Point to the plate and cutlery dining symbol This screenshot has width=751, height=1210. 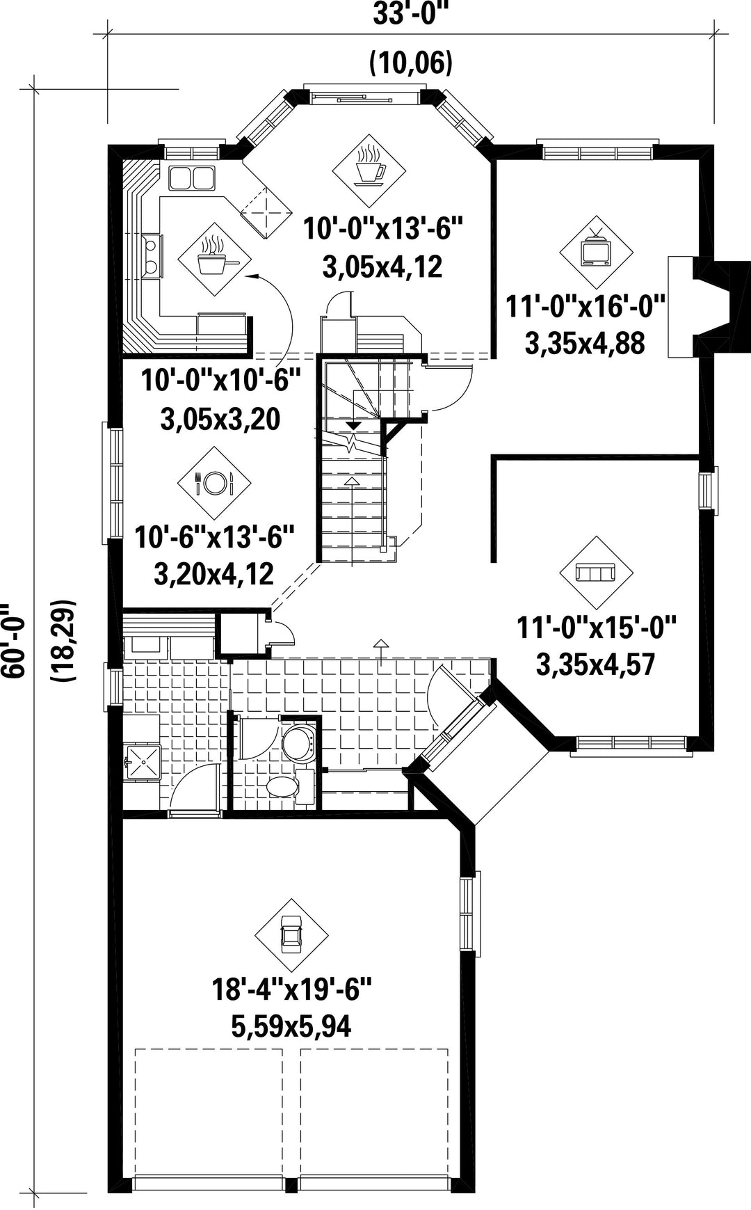coord(214,482)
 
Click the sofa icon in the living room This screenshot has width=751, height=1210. coord(597,573)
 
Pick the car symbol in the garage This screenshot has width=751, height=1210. coord(291,936)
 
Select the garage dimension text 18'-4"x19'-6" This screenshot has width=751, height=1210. coord(291,989)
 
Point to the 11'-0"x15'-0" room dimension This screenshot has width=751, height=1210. coord(597,628)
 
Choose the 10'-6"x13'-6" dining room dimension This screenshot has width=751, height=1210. coord(214,538)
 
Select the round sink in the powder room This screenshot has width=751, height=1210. coord(300,743)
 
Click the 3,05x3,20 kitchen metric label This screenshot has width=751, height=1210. coord(220,420)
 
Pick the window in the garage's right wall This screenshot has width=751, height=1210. coord(470,914)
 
